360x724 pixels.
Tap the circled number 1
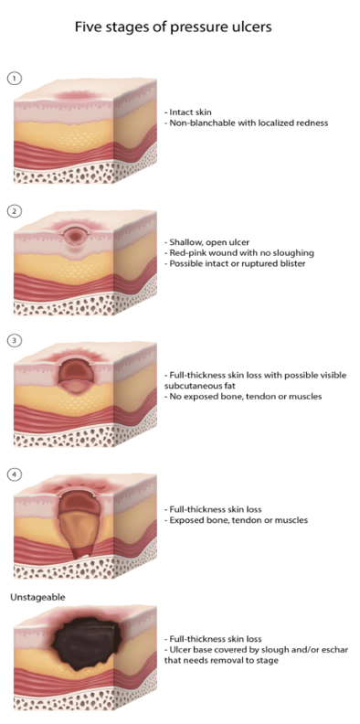coord(14,78)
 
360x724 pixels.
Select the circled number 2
coord(14,212)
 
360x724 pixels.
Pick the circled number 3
coord(14,341)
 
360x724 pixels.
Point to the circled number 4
coord(14,474)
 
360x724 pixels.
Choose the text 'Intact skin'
coord(192,112)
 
